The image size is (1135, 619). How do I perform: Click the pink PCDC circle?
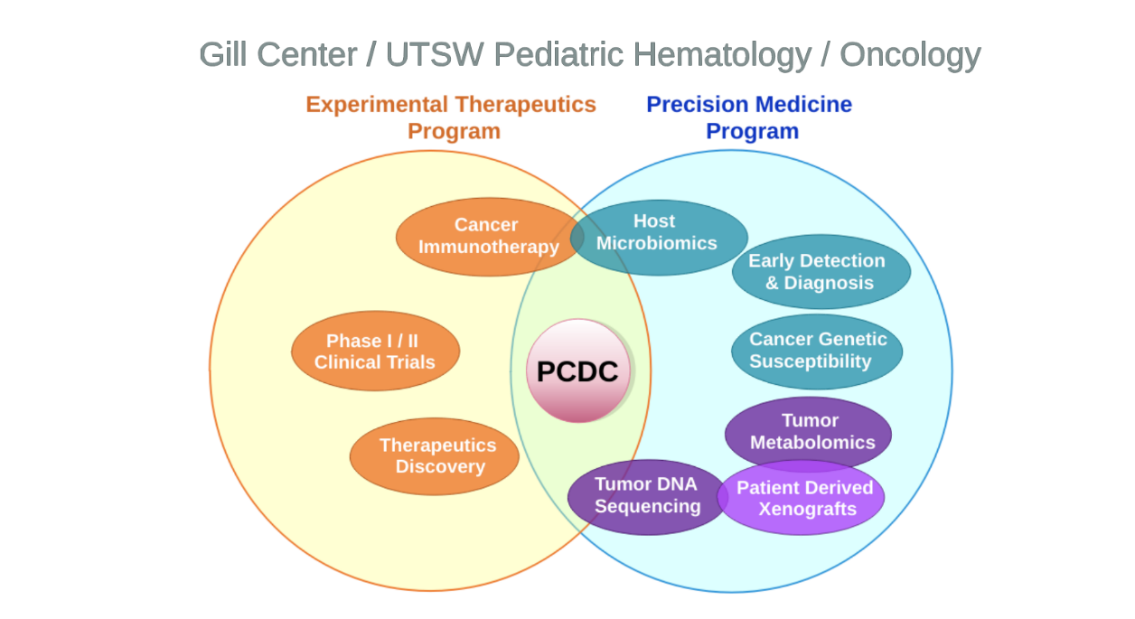pyautogui.click(x=578, y=370)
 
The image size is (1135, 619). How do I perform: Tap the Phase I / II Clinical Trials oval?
pyautogui.click(x=375, y=352)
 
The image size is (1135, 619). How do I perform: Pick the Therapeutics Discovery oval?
pyautogui.click(x=435, y=456)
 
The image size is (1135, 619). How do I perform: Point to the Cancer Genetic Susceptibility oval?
pyautogui.click(x=817, y=351)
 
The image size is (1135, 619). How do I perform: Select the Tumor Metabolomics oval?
pyautogui.click(x=809, y=431)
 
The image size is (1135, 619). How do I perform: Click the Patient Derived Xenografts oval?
pyautogui.click(x=802, y=499)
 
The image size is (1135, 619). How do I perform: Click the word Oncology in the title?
pyautogui.click(x=910, y=55)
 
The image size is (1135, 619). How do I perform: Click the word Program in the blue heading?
pyautogui.click(x=752, y=132)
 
